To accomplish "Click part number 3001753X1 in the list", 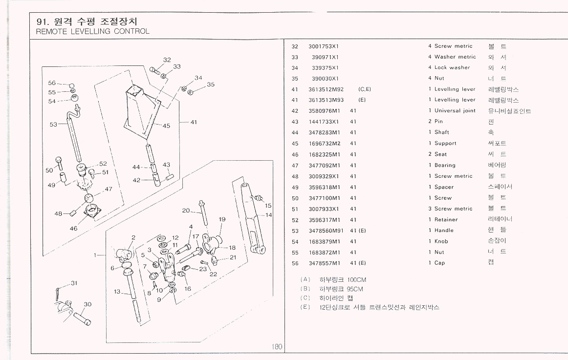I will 324,46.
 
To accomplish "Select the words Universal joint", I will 455,111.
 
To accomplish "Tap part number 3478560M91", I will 326,231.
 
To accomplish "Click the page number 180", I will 277,347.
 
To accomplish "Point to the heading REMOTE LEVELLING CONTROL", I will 93,32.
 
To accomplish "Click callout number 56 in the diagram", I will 52,83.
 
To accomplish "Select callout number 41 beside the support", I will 194,122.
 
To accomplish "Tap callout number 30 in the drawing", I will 87,304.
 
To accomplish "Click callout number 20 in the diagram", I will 186,211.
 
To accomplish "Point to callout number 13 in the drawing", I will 117,292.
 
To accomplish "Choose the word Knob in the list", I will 441,241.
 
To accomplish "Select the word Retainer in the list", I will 446,220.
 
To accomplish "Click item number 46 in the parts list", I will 295,154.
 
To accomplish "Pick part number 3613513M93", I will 326,100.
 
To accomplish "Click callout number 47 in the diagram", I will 108,189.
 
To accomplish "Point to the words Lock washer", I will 452,68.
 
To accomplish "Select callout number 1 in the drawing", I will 96,254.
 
